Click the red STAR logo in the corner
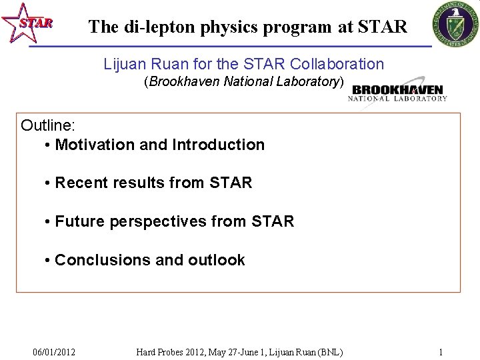pos(27,23)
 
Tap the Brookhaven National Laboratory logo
pos(397,93)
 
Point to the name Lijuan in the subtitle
pos(125,65)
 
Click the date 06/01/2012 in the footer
pos(54,352)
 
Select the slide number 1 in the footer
pos(441,352)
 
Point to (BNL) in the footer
pos(330,352)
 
